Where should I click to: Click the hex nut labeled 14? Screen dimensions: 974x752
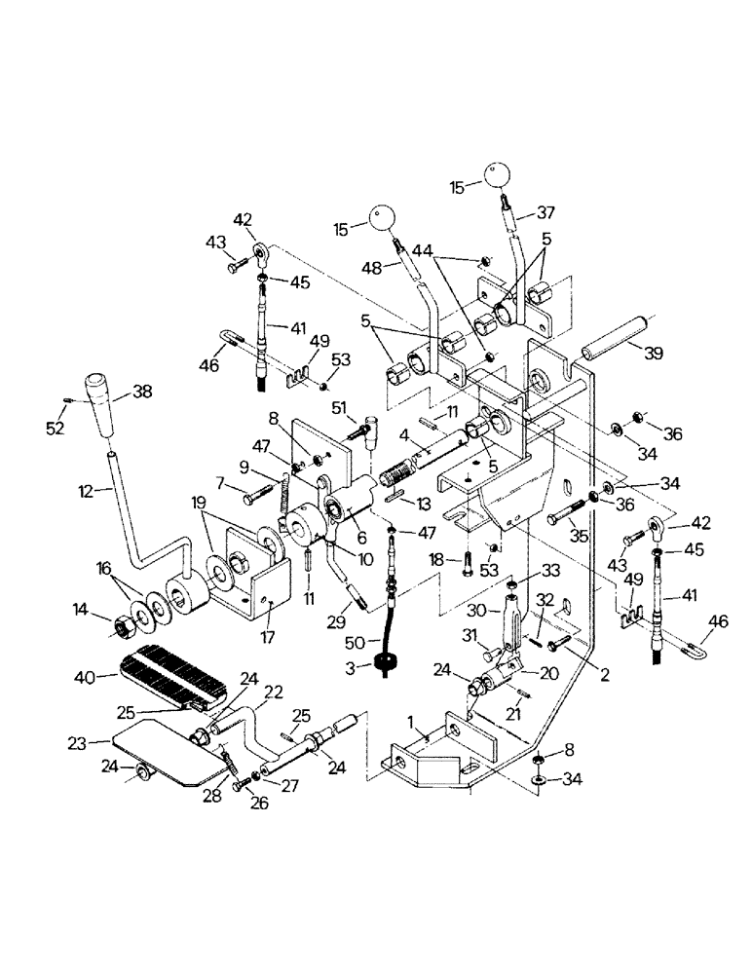point(119,619)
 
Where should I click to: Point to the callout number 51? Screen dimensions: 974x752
point(339,407)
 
